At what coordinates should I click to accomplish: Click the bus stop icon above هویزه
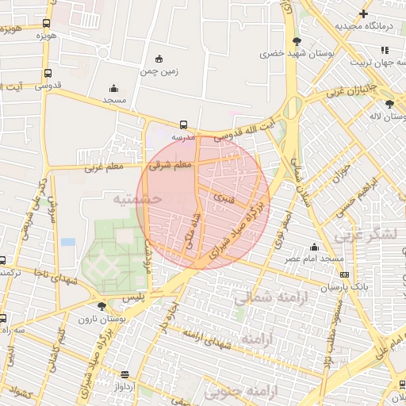tap(46, 24)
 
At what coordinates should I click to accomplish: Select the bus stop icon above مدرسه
tap(184, 124)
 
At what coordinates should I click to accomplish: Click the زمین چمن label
tap(159, 71)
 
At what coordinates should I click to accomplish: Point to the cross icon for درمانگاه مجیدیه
tap(363, 13)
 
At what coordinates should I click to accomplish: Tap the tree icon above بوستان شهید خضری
tap(296, 41)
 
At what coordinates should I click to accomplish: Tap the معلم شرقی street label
tap(170, 165)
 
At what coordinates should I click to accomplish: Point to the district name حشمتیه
tap(136, 199)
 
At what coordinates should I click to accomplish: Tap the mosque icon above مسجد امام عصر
tap(315, 247)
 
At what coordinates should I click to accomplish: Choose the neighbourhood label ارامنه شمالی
tap(265, 297)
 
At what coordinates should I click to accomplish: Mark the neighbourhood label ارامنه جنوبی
tap(239, 391)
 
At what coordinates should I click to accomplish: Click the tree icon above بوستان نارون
tap(101, 306)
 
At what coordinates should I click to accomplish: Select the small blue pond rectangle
tap(68, 241)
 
